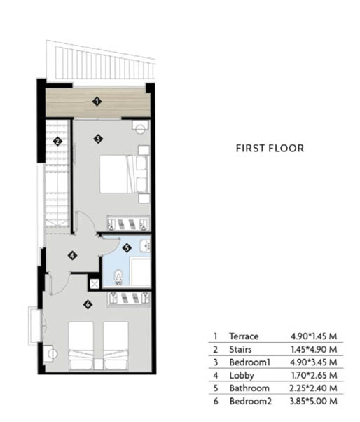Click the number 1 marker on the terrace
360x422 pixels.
pos(97,102)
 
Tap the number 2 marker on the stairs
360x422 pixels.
pos(57,141)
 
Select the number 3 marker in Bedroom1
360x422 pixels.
pos(98,139)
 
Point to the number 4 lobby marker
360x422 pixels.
pos(72,255)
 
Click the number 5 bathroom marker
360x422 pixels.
pos(127,248)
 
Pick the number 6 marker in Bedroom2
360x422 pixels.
pos(88,305)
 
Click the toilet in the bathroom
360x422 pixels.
pos(118,278)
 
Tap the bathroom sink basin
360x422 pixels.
pos(145,245)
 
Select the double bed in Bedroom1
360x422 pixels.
pos(125,174)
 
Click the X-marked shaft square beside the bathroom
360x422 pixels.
pos(95,284)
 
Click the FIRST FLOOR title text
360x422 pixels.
pos(270,149)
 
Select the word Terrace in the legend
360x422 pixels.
pos(244,336)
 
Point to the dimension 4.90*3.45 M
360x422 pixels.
pos(314,362)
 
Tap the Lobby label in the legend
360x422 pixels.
pos(242,376)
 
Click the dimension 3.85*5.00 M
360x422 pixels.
pos(314,401)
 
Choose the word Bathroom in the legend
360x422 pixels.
pos(249,388)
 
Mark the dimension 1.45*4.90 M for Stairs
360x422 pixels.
pos(314,349)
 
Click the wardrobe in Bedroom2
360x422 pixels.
pos(129,299)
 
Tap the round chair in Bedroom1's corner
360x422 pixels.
pos(140,127)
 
